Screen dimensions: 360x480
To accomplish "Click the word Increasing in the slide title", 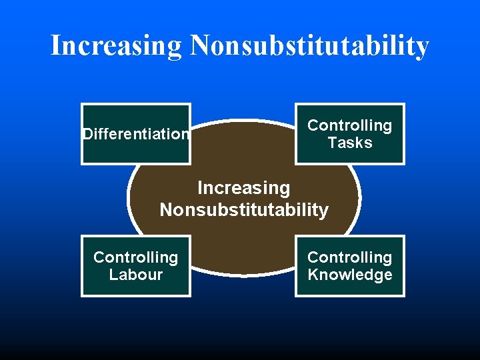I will tap(116, 46).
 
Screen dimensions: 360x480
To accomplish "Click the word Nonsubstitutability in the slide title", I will tap(309, 46).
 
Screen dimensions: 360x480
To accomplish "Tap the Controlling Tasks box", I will tap(350, 134).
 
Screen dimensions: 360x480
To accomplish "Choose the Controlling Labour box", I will tap(136, 266).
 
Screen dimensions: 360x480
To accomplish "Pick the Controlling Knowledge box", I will tap(350, 266).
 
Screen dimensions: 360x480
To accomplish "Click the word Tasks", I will tap(350, 143).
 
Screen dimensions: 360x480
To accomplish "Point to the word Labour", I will tap(136, 275).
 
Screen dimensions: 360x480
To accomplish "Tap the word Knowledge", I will tap(350, 275).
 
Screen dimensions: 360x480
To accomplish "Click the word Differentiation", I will tap(136, 134).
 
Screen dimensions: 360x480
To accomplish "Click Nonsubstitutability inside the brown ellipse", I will tap(244, 210).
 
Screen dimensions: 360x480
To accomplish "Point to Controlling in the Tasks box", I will tap(350, 125).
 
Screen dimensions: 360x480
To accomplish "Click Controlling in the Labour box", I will tap(136, 257).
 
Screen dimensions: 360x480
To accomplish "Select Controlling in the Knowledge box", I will tap(350, 257).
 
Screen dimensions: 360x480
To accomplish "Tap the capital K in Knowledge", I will tap(313, 275).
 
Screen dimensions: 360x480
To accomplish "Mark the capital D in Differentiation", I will tap(87, 134).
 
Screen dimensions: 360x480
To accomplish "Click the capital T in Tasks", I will tap(331, 143).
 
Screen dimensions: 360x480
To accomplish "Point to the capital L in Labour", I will tap(113, 275).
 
